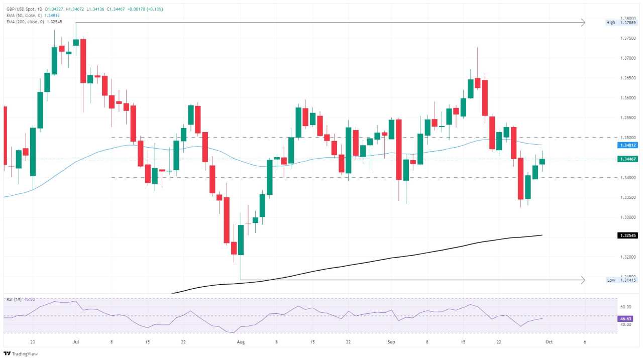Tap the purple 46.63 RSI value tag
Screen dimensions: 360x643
click(x=626, y=318)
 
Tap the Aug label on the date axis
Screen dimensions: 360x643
click(x=241, y=342)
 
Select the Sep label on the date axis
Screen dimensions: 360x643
click(x=391, y=342)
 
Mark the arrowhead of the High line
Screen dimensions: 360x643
click(x=583, y=22)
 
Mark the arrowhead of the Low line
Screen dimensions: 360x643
click(x=583, y=280)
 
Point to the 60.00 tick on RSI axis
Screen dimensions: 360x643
click(x=626, y=307)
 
